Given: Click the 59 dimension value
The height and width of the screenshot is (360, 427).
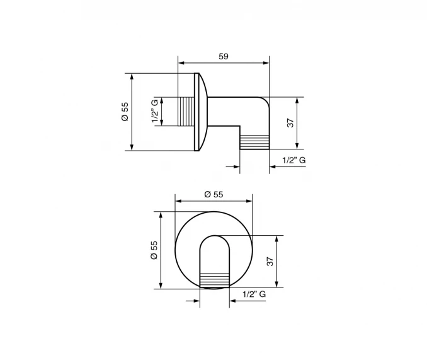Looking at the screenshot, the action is point(224,56).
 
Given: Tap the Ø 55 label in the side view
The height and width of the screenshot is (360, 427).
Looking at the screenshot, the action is point(125,112).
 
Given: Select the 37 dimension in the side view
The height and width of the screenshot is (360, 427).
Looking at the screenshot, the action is point(290,123).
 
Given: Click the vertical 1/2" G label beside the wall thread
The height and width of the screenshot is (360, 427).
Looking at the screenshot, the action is point(155,111).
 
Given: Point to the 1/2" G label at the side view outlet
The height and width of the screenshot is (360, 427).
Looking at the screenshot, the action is point(294,160).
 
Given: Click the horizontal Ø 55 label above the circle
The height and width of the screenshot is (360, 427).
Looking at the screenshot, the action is point(214,194).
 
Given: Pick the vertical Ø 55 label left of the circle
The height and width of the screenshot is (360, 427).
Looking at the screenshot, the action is point(154,250).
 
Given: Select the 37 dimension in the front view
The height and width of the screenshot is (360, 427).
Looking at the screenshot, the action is point(270,262).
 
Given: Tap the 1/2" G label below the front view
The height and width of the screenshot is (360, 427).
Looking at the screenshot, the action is point(254,294).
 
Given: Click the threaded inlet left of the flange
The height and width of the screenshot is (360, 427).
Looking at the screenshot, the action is point(186,112).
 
